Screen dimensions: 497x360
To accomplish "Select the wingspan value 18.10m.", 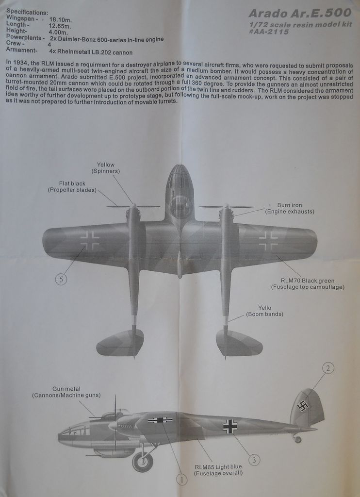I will [61, 20].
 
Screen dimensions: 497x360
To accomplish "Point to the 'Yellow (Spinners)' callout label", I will [106, 168].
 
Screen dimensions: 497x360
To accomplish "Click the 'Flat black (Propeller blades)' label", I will [72, 186].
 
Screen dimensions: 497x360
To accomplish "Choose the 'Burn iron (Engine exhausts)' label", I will [290, 208].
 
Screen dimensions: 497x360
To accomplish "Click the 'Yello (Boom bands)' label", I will [264, 311].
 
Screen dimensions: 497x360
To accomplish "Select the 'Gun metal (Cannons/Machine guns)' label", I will [66, 392].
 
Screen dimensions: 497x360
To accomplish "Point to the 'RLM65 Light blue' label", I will [218, 469].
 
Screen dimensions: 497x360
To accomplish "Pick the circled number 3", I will [254, 459].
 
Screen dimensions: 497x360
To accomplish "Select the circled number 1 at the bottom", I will [181, 480].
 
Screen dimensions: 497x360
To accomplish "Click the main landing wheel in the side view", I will [143, 462].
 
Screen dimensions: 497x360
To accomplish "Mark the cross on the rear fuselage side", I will [230, 426].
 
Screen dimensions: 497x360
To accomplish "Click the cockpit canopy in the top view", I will [180, 201].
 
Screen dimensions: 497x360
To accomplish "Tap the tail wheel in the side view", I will [297, 439].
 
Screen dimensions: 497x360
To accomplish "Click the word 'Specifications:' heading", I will [27, 12].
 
